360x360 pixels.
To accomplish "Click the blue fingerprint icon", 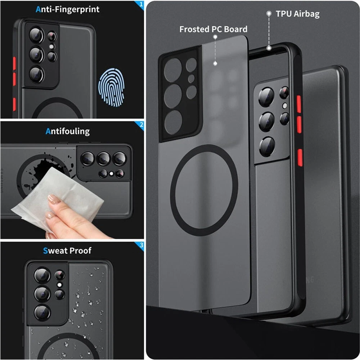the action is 111,87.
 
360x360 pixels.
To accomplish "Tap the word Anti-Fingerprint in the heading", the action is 68,9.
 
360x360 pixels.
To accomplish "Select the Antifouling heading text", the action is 68,131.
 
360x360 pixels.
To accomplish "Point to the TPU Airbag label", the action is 298,14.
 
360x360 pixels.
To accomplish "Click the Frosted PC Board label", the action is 213,29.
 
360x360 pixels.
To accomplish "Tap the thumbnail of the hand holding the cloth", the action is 69,220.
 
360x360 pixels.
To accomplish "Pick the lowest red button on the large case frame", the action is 300,157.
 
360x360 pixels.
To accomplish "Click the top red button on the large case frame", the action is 299,104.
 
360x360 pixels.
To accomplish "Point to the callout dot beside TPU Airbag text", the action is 269,14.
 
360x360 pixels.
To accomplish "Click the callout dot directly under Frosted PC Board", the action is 215,37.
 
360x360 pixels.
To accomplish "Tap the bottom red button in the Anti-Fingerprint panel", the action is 14,104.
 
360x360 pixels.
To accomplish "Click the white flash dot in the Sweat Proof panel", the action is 59,285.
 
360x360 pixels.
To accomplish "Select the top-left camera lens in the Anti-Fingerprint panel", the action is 36,35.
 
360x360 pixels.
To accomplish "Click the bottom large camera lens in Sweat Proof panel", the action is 42,312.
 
